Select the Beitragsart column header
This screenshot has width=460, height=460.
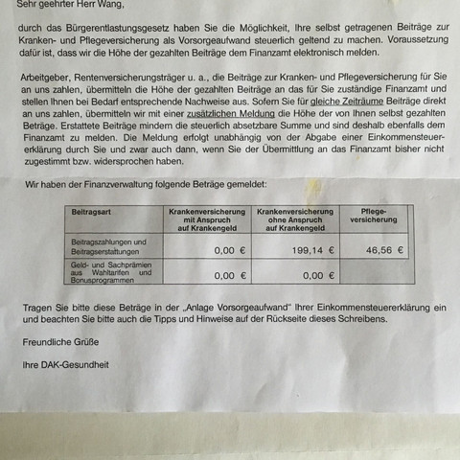click(93, 209)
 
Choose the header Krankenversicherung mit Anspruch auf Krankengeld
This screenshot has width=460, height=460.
click(208, 218)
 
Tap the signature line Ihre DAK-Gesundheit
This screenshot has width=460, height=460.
click(64, 365)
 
